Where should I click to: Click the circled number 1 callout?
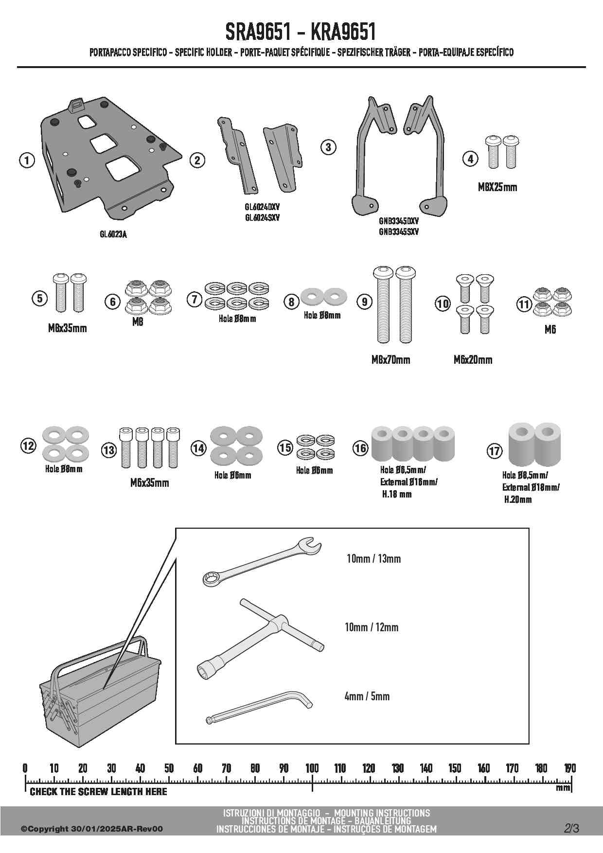(27, 160)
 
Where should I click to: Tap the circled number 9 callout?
(364, 302)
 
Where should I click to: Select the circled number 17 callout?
(495, 451)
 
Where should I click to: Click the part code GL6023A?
(113, 234)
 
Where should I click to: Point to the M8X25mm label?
(497, 187)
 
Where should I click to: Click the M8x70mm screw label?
(390, 360)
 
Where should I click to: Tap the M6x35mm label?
(150, 483)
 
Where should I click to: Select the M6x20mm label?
(473, 360)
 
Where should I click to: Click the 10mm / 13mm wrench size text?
(373, 559)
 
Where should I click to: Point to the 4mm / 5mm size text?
(367, 696)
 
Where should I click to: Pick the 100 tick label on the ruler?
(312, 768)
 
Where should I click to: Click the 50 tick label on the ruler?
(169, 768)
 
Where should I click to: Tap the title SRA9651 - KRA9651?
(301, 32)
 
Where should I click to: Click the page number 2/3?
(572, 828)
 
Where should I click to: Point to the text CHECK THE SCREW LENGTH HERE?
(98, 792)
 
